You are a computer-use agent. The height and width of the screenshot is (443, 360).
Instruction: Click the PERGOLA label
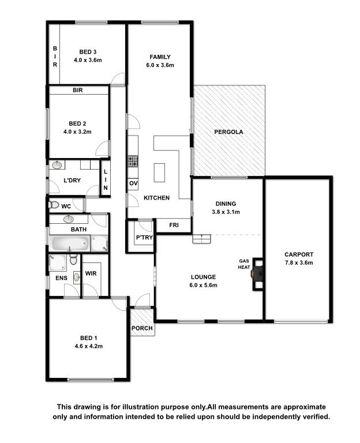[x=228, y=132]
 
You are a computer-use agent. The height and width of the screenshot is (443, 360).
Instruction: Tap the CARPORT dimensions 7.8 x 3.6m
[x=299, y=262]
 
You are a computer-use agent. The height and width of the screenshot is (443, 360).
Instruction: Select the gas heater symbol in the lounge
[x=258, y=274]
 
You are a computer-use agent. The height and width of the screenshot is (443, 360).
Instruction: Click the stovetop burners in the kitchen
[x=133, y=161]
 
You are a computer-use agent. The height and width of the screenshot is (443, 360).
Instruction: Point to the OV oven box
[x=133, y=183]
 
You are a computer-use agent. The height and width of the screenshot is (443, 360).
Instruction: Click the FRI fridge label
[x=174, y=225]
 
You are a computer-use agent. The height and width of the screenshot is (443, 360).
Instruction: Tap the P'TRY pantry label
[x=144, y=237]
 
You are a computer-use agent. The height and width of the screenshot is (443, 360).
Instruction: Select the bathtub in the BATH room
[x=70, y=243]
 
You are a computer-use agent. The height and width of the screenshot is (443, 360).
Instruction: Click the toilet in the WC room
[x=54, y=204]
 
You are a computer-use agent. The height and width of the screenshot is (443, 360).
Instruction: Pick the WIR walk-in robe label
[x=91, y=273]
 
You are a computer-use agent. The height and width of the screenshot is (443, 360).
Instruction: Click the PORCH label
[x=142, y=328]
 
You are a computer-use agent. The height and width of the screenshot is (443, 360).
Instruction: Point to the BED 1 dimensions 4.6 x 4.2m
[x=88, y=346]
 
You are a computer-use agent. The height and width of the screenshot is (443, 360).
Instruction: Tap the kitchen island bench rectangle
[x=159, y=172]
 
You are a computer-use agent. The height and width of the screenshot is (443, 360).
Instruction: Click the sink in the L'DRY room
[x=57, y=165]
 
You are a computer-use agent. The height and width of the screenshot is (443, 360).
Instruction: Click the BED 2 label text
[x=77, y=123]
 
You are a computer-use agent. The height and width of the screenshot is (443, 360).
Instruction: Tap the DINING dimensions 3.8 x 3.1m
[x=226, y=212]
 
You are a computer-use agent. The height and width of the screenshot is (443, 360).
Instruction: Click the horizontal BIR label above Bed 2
[x=78, y=90]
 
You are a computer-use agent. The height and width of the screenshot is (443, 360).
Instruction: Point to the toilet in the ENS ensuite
[x=73, y=260]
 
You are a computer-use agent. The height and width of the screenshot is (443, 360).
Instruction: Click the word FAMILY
[x=160, y=57]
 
